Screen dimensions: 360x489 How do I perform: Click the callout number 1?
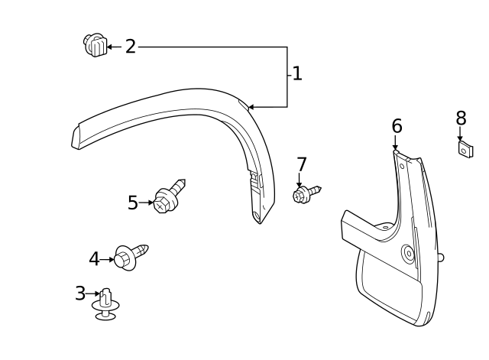(297, 74)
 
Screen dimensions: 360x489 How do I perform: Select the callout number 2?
(131, 47)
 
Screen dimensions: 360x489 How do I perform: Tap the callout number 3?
(80, 293)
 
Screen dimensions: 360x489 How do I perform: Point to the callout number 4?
(94, 259)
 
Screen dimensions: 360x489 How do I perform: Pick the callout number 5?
(133, 203)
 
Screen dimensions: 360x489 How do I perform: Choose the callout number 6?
(397, 126)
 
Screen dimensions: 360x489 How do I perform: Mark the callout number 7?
(302, 164)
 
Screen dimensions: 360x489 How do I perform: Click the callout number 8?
(461, 118)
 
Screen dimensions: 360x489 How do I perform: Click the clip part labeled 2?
(94, 45)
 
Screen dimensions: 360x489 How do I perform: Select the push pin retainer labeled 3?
(105, 303)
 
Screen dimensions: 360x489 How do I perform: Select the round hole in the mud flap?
(407, 254)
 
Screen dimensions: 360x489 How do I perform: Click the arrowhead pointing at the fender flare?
(251, 107)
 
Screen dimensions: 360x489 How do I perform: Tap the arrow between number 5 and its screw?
(146, 203)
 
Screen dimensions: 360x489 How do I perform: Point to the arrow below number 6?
(396, 142)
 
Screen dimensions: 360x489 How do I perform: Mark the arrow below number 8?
(460, 134)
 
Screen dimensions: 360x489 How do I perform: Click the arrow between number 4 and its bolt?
(107, 259)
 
